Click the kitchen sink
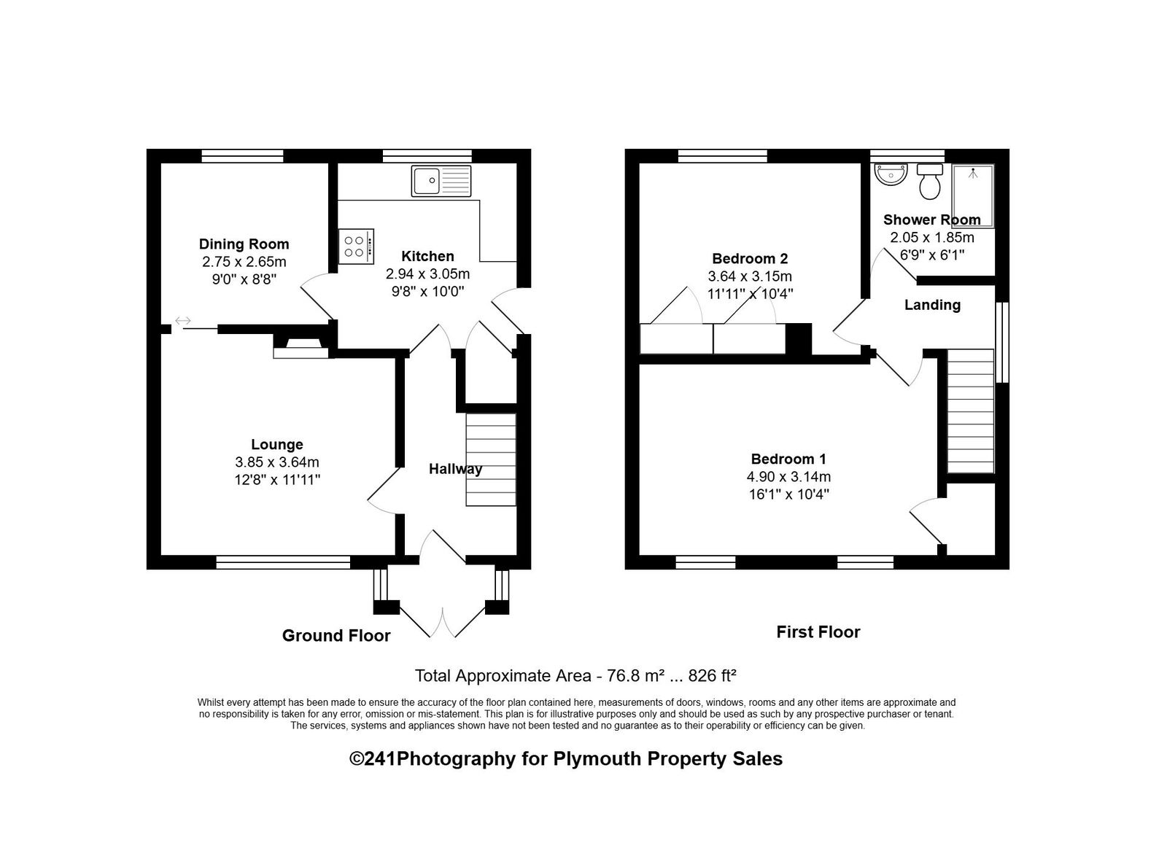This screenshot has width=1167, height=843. [x=441, y=182]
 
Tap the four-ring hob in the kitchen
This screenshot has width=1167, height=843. [x=357, y=246]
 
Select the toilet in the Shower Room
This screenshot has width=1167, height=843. [x=930, y=182]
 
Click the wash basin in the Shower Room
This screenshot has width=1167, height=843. [x=891, y=174]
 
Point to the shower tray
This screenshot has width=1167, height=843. [x=973, y=196]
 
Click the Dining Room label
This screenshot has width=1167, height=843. [x=244, y=244]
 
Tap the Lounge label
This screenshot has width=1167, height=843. [x=277, y=444]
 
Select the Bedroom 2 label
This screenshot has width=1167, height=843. [x=751, y=258]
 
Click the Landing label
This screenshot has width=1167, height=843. [x=933, y=305]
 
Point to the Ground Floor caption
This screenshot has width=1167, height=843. [x=336, y=636]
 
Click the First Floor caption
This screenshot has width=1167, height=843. [x=818, y=632]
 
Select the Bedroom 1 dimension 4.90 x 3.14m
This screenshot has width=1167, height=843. [x=788, y=477]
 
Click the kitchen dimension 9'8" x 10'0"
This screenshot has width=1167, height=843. [x=427, y=291]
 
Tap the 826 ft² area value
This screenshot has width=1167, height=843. [x=712, y=676]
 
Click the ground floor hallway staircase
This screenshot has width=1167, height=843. [x=491, y=459]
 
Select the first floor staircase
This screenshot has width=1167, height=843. [x=971, y=411]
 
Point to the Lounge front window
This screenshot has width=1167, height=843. [x=284, y=562]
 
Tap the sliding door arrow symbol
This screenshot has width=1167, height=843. [x=183, y=320]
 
